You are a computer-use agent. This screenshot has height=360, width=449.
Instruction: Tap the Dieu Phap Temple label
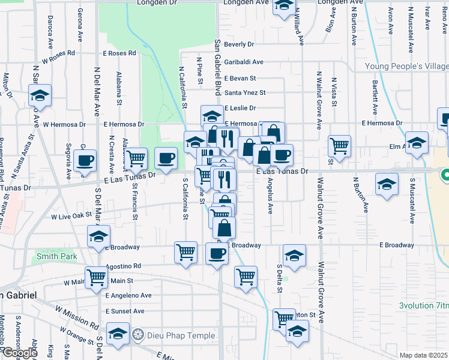(169, 334)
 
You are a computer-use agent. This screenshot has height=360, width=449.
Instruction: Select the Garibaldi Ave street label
(244, 62)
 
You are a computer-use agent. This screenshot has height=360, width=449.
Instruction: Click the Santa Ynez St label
(245, 92)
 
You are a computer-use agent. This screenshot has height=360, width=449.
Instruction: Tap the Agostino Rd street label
(123, 266)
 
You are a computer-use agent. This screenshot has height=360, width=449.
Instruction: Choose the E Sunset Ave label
(125, 311)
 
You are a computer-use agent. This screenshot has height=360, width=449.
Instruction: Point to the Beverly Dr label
(239, 44)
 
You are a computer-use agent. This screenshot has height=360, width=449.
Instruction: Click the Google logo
(19, 353)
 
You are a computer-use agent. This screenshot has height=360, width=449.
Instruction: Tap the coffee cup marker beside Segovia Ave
(85, 160)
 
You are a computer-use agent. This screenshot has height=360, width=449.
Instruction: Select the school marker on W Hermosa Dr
(40, 95)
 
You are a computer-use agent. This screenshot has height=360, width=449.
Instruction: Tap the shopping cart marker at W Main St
(96, 277)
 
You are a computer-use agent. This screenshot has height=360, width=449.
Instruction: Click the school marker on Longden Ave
(283, 5)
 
